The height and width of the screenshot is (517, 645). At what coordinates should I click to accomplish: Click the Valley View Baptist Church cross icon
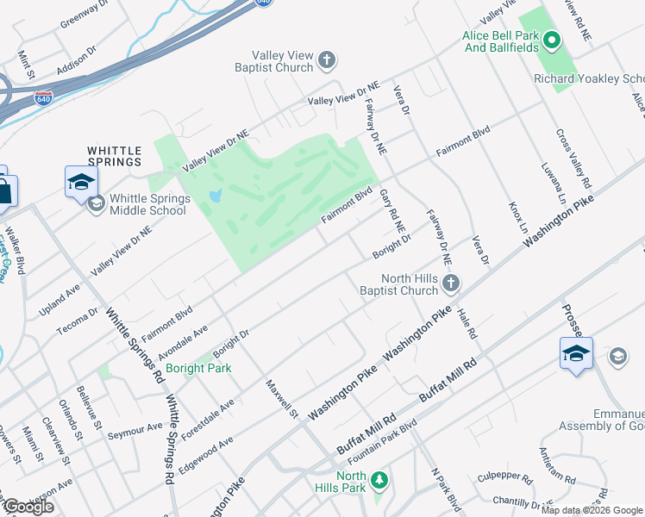point(326,60)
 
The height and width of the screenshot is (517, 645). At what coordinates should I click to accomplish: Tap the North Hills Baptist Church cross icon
point(450,283)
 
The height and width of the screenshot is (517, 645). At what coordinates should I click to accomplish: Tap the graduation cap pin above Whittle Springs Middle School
point(81,182)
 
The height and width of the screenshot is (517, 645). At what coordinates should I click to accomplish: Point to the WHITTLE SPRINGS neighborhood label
point(114,156)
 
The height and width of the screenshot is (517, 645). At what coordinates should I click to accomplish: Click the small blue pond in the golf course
point(214,197)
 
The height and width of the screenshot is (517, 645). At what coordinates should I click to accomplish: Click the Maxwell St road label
point(281,400)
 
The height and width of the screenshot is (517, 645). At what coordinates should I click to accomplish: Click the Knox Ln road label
point(517,220)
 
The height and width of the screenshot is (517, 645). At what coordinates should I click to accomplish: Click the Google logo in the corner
point(28,506)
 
